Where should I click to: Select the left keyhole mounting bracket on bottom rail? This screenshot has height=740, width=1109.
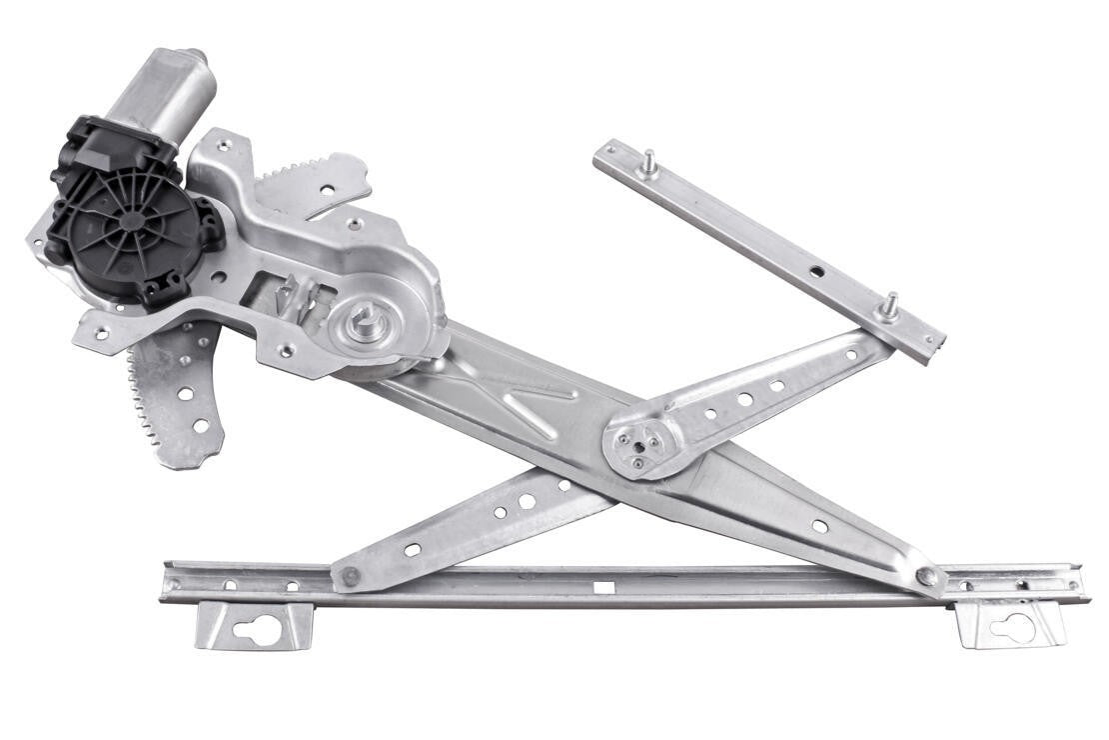(255, 626)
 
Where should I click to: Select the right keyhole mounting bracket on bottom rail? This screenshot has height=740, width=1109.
(1010, 624)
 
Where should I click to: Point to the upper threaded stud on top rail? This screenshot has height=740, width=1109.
(648, 163)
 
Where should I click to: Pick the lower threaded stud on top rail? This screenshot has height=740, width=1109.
(889, 305)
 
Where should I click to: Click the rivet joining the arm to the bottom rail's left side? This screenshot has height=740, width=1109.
(351, 576)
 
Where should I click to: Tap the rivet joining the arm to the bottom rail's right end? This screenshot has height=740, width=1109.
(928, 576)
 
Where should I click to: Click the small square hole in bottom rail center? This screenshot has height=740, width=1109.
(602, 587)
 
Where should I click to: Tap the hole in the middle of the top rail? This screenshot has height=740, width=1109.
(816, 271)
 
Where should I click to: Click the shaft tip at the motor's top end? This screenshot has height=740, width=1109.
(195, 54)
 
